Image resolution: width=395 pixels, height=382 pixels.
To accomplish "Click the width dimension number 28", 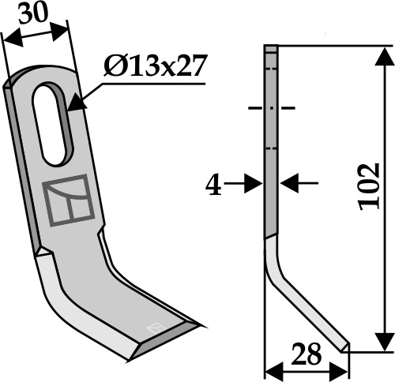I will pos(306,355).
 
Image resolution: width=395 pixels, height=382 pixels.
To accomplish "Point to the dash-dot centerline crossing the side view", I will pos(271,108).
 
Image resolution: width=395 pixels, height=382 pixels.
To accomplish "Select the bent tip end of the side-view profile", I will pos(344,346).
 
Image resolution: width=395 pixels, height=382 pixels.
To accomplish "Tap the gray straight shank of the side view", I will pos(271,158).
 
